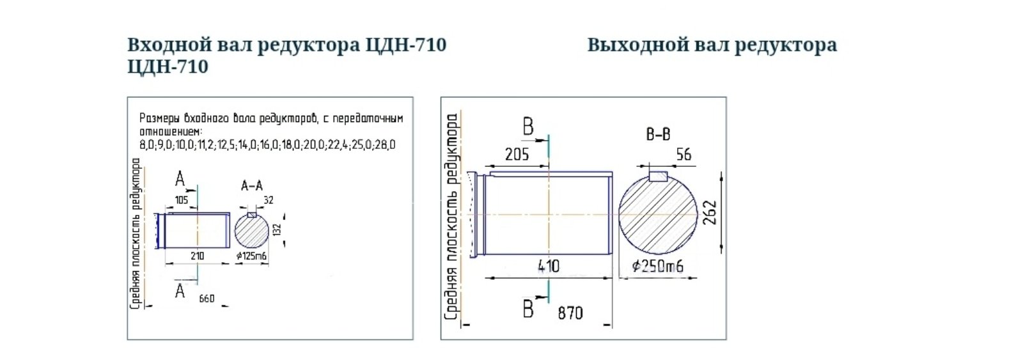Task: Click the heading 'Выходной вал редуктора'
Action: click(712, 45)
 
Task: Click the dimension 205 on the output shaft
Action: click(517, 154)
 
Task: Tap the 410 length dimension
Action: click(548, 265)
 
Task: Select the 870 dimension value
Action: click(570, 313)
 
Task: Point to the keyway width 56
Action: click(683, 154)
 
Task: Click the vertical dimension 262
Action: click(710, 213)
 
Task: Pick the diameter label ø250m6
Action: click(657, 265)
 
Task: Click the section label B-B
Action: click(658, 135)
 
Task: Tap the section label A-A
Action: click(251, 186)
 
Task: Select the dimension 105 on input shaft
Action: click(181, 200)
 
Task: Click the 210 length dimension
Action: click(197, 256)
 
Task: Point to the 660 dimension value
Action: click(207, 299)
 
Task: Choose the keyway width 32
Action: click(268, 200)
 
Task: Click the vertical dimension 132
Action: click(277, 229)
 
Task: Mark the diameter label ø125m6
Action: click(251, 256)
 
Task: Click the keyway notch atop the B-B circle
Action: click(658, 176)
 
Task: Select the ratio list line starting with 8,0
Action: click(267, 145)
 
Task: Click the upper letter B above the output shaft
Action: click(528, 127)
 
